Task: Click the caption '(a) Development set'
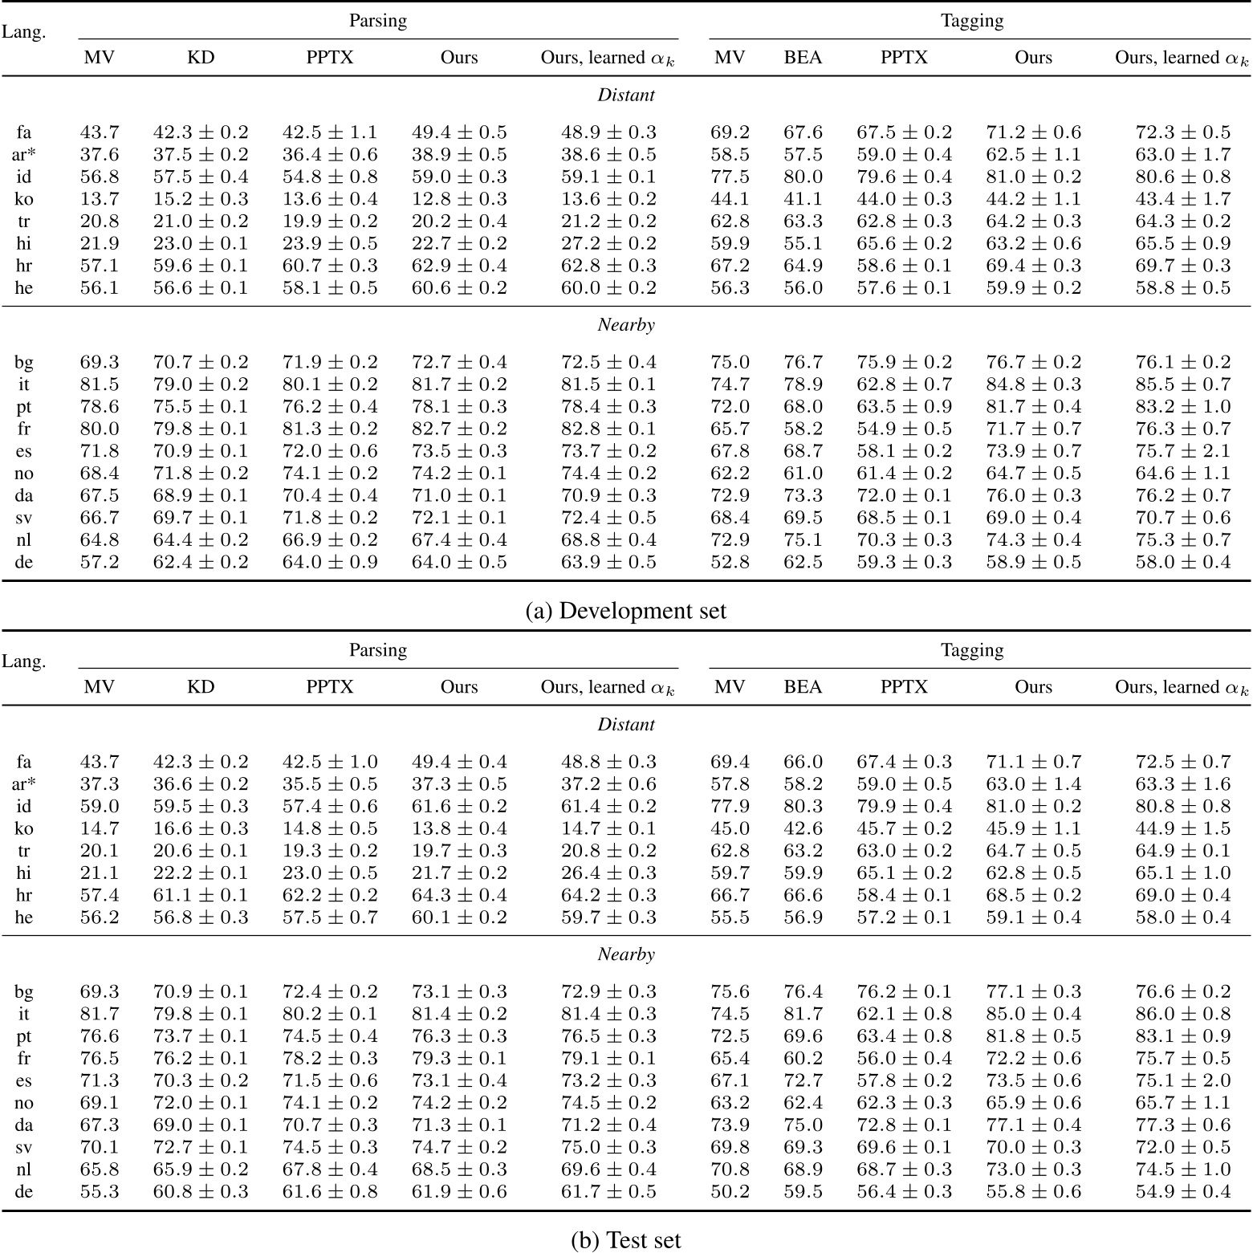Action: pos(625,611)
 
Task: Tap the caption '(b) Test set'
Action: pos(625,1240)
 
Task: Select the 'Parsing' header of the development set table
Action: pos(377,21)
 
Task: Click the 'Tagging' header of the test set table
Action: pos(971,650)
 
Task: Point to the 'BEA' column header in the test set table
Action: pos(803,687)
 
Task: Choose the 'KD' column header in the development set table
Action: pos(201,58)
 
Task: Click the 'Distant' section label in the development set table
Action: pos(625,95)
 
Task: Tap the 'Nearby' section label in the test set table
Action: pos(625,954)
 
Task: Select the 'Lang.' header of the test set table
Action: pos(24,661)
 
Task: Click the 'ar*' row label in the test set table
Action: pos(24,784)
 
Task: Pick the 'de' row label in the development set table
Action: pos(24,562)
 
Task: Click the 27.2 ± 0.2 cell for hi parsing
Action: pos(608,243)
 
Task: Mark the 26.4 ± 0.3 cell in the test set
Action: pos(608,873)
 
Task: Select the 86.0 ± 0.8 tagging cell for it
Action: pos(1182,1014)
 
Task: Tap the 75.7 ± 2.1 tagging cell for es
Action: pos(1182,451)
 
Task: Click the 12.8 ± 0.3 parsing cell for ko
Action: pos(459,199)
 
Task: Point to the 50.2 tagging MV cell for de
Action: pos(730,1191)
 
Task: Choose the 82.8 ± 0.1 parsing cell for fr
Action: pos(608,429)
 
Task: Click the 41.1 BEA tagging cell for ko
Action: pos(803,199)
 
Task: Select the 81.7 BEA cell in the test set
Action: pos(803,1014)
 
